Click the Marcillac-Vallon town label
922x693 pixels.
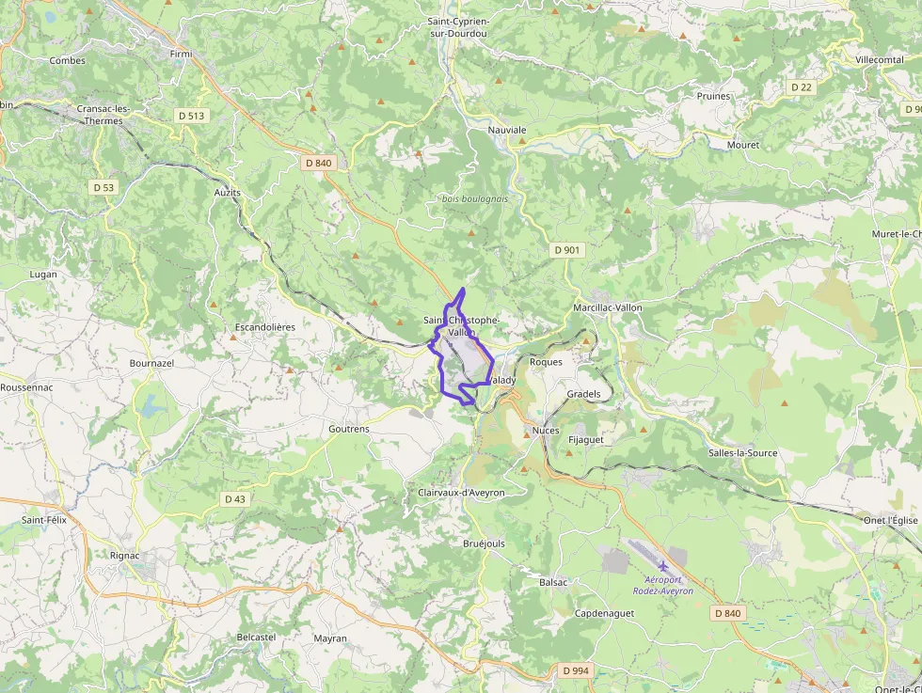click(608, 307)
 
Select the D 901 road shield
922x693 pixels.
click(567, 250)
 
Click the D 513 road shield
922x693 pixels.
click(190, 116)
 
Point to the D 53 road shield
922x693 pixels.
click(103, 187)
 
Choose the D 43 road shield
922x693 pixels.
click(234, 498)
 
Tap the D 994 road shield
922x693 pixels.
click(576, 670)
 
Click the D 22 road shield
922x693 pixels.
click(801, 87)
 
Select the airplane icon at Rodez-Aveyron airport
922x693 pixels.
click(663, 565)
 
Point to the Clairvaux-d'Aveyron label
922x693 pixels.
click(461, 493)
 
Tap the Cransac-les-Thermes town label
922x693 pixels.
click(103, 115)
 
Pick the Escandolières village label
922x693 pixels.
click(263, 327)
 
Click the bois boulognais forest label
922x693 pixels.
click(475, 198)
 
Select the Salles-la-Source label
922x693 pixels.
click(743, 452)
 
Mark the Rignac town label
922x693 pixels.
click(124, 555)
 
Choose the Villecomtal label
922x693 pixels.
click(880, 59)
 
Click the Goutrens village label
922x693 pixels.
click(349, 429)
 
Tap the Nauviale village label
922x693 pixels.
click(507, 130)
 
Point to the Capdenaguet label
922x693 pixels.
click(604, 613)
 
